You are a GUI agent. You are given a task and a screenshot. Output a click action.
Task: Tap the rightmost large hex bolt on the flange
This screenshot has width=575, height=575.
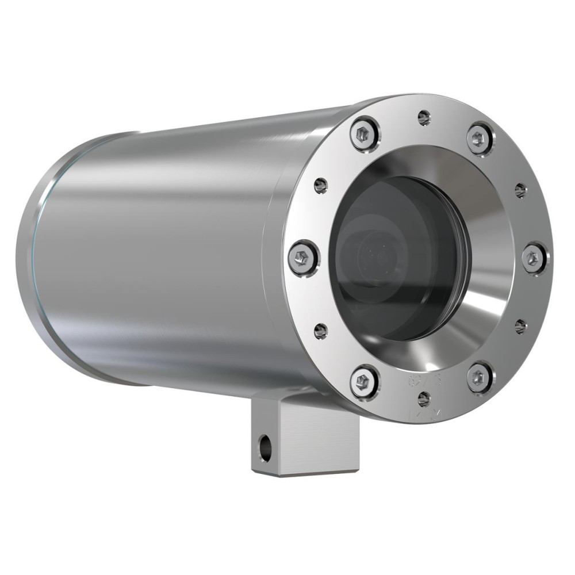click(x=534, y=258)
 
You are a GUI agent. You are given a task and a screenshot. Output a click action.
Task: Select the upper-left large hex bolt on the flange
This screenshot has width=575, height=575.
click(x=365, y=133)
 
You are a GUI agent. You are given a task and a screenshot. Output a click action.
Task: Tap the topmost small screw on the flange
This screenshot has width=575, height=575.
click(x=424, y=118)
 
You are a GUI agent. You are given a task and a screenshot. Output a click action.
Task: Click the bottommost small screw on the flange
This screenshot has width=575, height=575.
click(x=424, y=398)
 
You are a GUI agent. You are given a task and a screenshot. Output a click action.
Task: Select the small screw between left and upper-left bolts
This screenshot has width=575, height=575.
click(x=321, y=185)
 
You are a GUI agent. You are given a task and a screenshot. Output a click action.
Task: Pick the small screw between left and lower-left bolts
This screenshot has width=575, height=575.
click(x=321, y=331)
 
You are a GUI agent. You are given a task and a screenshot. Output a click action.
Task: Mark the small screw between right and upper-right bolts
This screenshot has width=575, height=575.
click(x=520, y=190)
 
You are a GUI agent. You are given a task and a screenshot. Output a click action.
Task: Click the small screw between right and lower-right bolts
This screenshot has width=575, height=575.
click(x=520, y=327)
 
